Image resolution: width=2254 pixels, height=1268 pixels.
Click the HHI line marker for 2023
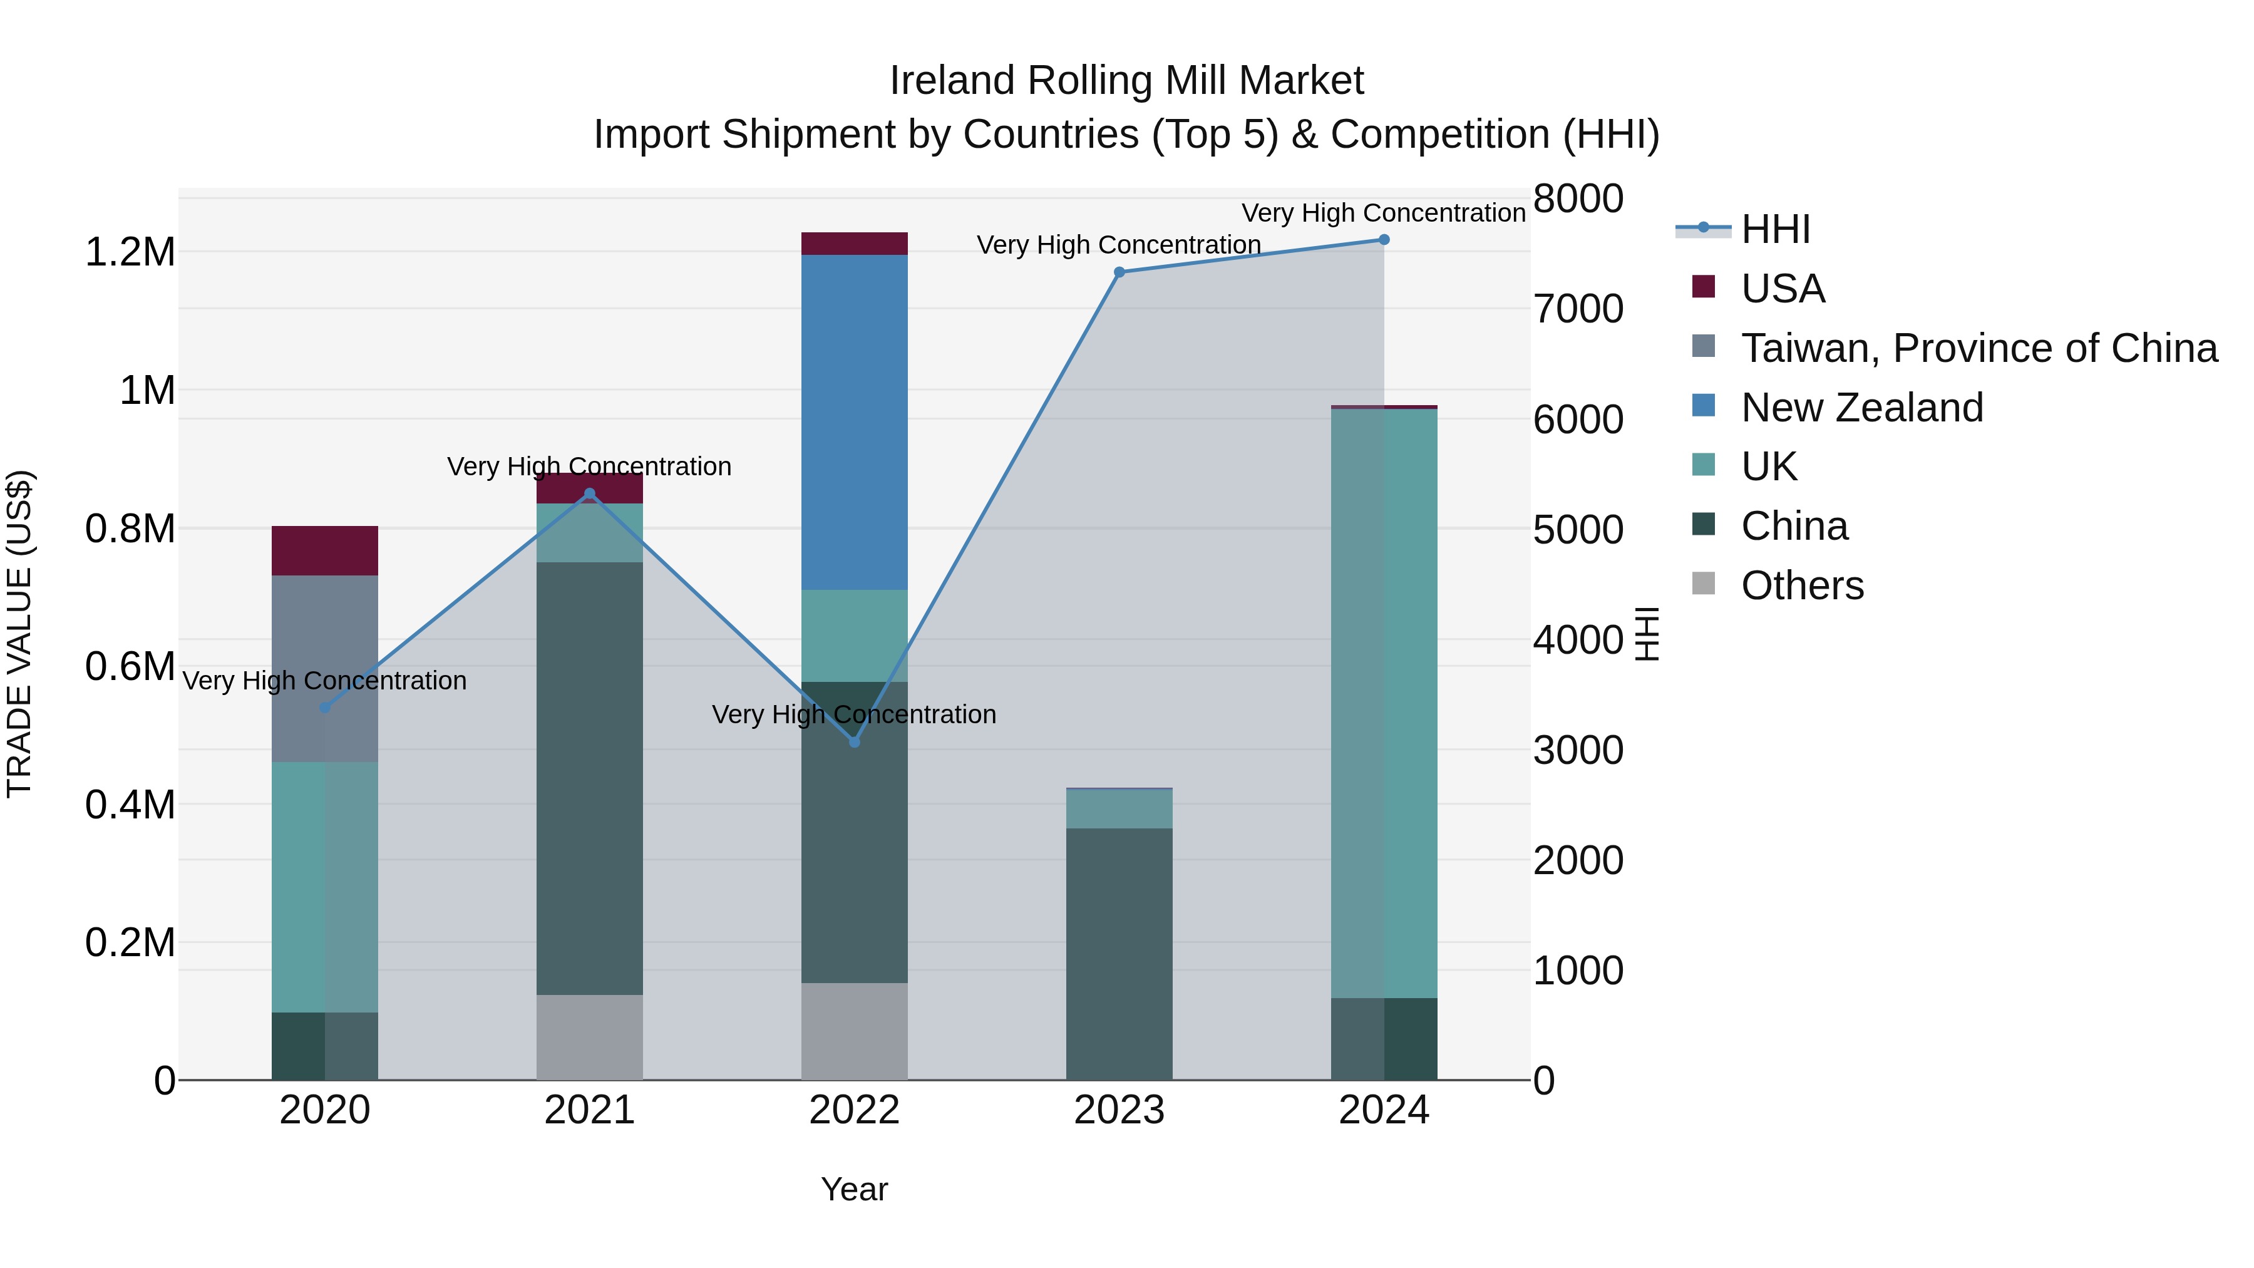(x=1119, y=272)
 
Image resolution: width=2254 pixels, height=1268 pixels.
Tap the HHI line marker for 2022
(x=855, y=742)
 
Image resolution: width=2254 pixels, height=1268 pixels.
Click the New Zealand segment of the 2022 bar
(x=855, y=422)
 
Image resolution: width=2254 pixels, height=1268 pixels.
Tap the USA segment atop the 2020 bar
(x=324, y=550)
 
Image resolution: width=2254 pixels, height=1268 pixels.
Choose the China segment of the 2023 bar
(x=1119, y=954)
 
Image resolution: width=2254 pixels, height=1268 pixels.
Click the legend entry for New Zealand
(x=1861, y=408)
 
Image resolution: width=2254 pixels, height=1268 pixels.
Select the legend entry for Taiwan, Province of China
(x=1979, y=348)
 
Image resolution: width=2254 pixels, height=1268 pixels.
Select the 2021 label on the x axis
(x=590, y=1110)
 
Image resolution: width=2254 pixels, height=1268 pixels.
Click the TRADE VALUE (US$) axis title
(x=19, y=634)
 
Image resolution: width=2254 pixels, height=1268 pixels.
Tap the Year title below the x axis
(x=854, y=1189)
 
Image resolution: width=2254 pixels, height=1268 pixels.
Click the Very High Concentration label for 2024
(x=1383, y=213)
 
